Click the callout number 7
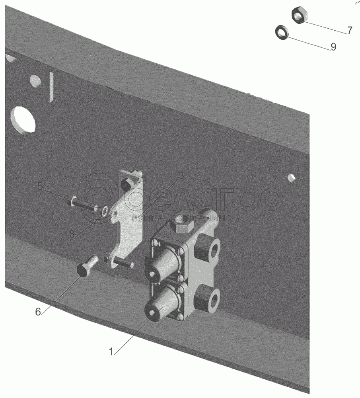pyautogui.click(x=349, y=31)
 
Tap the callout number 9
pyautogui.click(x=333, y=47)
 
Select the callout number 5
pyautogui.click(x=40, y=186)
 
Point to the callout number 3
pyautogui.click(x=181, y=176)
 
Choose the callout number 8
pyautogui.click(x=72, y=234)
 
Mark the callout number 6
pyautogui.click(x=38, y=312)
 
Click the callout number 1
pyautogui.click(x=111, y=352)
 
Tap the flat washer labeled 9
pyautogui.click(x=281, y=32)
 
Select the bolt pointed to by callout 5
pyautogui.click(x=82, y=204)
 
